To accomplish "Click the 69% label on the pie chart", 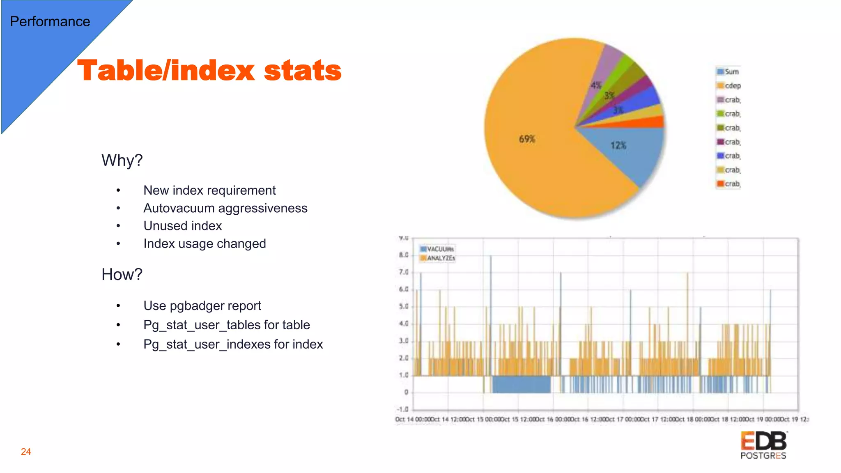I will [x=527, y=139].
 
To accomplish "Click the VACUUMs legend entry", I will [x=437, y=249].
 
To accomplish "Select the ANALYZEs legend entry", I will [x=437, y=258].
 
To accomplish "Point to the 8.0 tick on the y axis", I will [x=404, y=255].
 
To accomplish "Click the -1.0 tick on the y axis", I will [x=402, y=409].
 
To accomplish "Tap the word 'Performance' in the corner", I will [x=50, y=21].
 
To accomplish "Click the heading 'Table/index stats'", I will [x=209, y=70].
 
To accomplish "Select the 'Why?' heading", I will [x=122, y=160].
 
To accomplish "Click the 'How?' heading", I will [x=122, y=274].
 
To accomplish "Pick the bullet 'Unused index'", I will [x=182, y=226].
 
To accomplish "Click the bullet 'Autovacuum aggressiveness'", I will [x=225, y=208].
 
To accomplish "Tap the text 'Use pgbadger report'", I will [x=202, y=306].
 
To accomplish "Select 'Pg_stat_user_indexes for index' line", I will [x=233, y=344].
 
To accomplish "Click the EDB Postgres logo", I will [x=763, y=445].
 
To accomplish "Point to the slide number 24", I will [x=26, y=452].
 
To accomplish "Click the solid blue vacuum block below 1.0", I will [x=521, y=384].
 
